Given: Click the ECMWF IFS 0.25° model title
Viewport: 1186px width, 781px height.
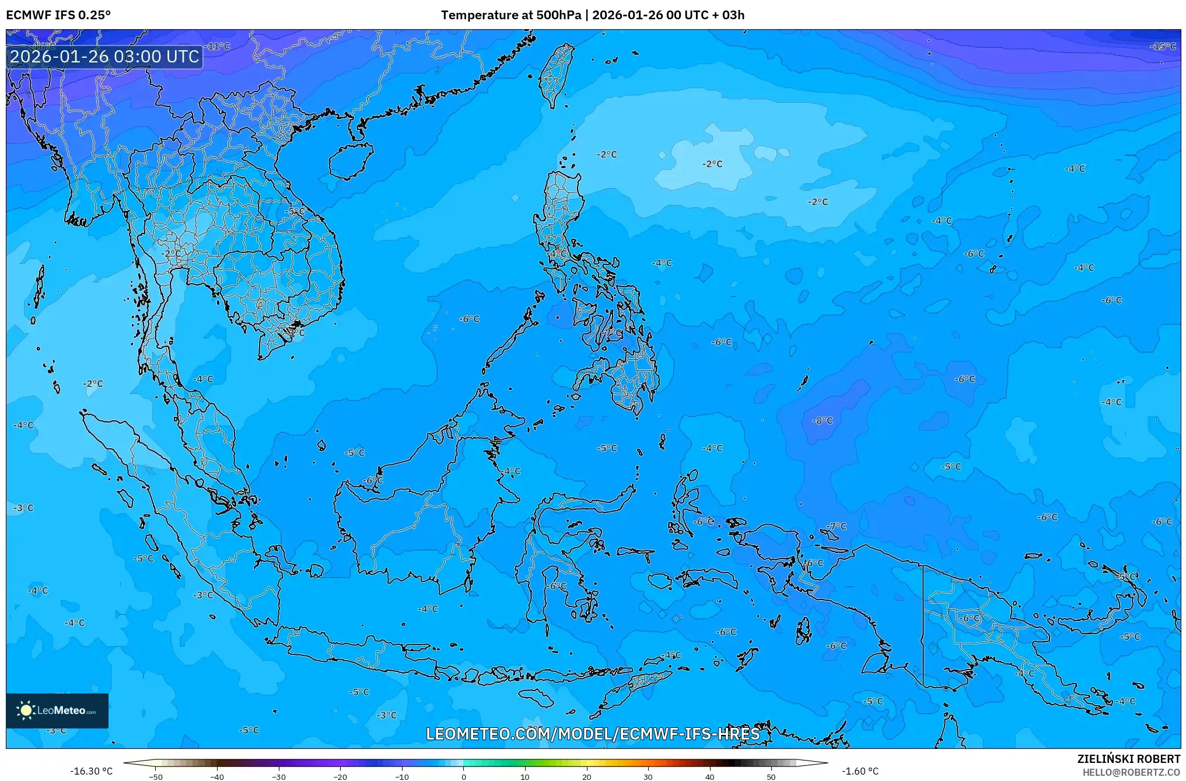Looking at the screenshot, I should (58, 15).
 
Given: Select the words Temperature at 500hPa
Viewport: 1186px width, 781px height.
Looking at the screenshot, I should (510, 15).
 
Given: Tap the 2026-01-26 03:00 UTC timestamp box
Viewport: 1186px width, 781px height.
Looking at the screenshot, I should (105, 57).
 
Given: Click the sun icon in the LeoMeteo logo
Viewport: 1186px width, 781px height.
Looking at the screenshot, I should (26, 710).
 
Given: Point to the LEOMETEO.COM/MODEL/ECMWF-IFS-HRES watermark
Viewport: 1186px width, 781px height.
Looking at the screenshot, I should (593, 734).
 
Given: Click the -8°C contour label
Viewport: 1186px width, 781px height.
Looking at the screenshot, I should (823, 420).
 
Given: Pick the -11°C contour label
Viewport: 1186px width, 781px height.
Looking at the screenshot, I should (219, 46).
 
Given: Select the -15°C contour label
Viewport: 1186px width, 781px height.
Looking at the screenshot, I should (1163, 46).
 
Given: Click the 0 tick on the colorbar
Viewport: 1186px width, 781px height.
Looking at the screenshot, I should (464, 776).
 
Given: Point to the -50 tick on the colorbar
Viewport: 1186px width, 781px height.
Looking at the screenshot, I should (156, 776).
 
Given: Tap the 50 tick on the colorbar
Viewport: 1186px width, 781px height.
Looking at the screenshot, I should (771, 776).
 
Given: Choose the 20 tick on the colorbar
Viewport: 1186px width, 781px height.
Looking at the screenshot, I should (586, 776).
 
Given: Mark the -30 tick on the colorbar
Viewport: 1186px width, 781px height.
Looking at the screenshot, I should (279, 776).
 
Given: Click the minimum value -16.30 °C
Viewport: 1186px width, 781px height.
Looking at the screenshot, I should (92, 771).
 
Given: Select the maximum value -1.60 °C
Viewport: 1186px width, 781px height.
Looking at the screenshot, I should (860, 771).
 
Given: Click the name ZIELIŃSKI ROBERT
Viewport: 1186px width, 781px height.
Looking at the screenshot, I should (1128, 759).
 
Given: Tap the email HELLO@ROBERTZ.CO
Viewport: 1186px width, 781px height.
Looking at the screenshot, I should (1131, 772).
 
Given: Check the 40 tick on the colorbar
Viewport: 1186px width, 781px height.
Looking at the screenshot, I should (709, 776).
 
